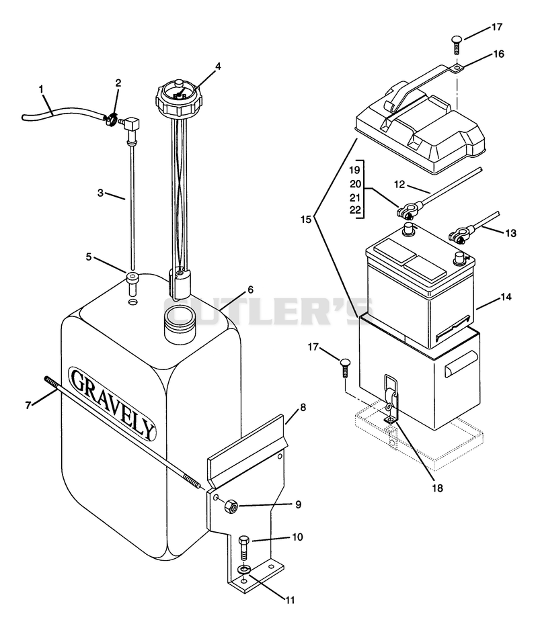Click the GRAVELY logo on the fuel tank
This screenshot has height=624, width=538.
coord(112,404)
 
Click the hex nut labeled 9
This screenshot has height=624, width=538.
coord(231,507)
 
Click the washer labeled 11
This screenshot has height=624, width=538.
coord(243,570)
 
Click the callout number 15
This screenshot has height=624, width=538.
coord(306,219)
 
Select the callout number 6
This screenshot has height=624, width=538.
coord(250,289)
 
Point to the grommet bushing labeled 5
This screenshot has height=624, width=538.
coord(132,283)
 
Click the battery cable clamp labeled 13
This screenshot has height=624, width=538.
coord(460,234)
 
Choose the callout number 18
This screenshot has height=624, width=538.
coord(438,488)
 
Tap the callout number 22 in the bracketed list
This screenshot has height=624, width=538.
coord(355,210)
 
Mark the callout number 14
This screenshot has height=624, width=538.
coord(506,297)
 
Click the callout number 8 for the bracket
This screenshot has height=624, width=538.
coord(303,408)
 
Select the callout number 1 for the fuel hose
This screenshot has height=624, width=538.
coord(42,89)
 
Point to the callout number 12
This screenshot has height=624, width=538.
coord(399,185)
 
